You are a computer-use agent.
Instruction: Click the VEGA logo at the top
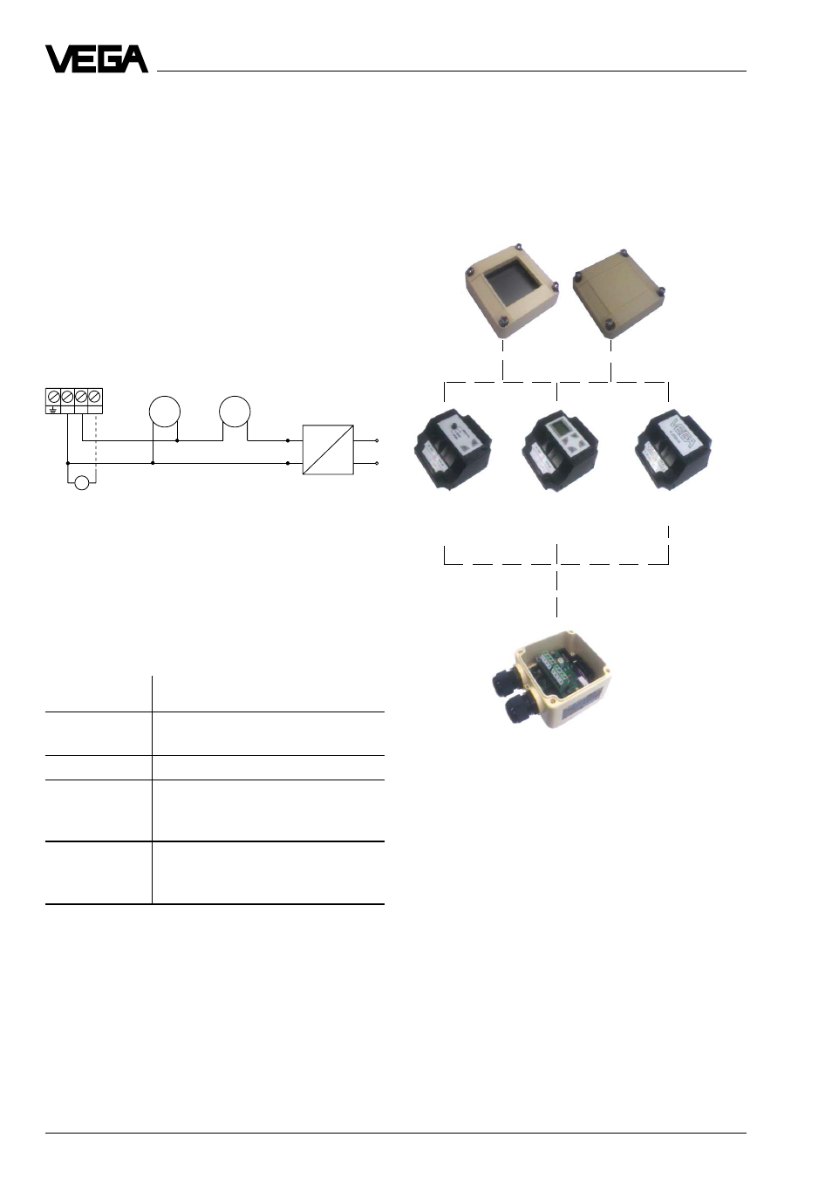click(96, 59)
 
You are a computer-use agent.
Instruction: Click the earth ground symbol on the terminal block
click(52, 409)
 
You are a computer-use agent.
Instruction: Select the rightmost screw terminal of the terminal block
click(95, 396)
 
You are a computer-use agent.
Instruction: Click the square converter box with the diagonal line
click(328, 450)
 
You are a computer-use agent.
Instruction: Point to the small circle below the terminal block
click(82, 483)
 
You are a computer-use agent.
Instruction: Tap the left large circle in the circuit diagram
click(165, 412)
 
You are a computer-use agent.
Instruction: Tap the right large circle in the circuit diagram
click(235, 412)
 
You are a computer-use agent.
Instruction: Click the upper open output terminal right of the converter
click(377, 440)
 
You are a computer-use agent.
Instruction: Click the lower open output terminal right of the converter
click(377, 463)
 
